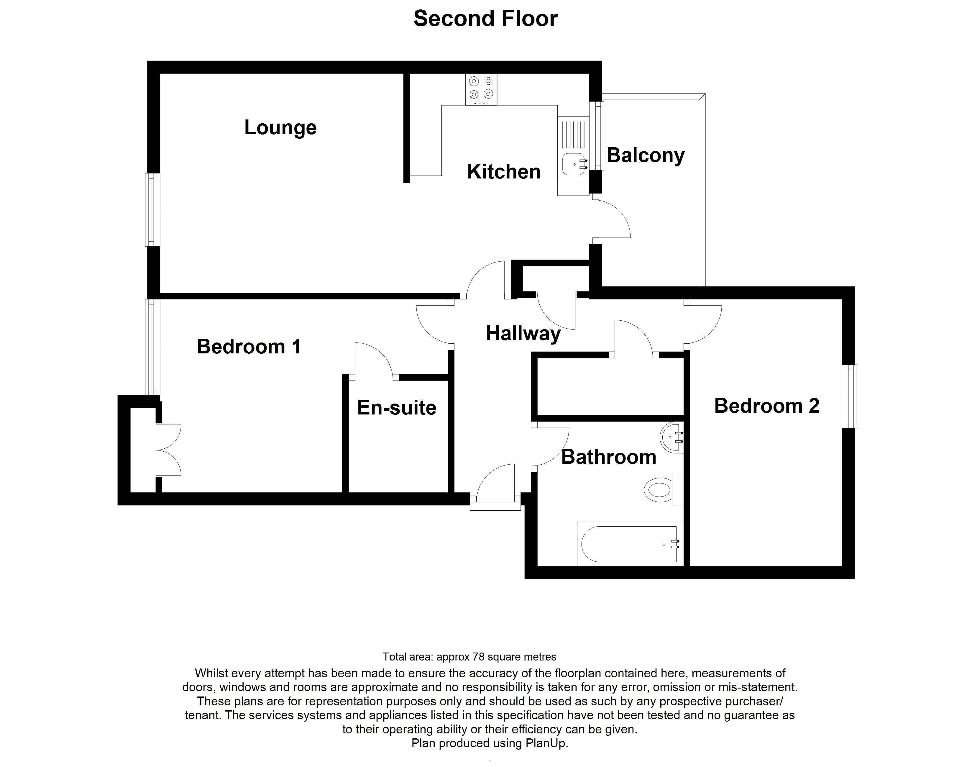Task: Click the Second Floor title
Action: point(485,18)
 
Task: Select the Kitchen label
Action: point(504,171)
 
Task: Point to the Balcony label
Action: point(645,155)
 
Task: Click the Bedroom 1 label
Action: point(249,347)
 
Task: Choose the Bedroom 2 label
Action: point(766,406)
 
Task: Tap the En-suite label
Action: point(396,408)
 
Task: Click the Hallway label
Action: point(523,334)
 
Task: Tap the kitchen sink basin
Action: point(573,164)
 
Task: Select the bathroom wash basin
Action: point(672,436)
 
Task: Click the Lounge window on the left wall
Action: point(152,210)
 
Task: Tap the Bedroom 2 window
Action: point(849,396)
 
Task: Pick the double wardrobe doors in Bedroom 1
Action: point(169,450)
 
